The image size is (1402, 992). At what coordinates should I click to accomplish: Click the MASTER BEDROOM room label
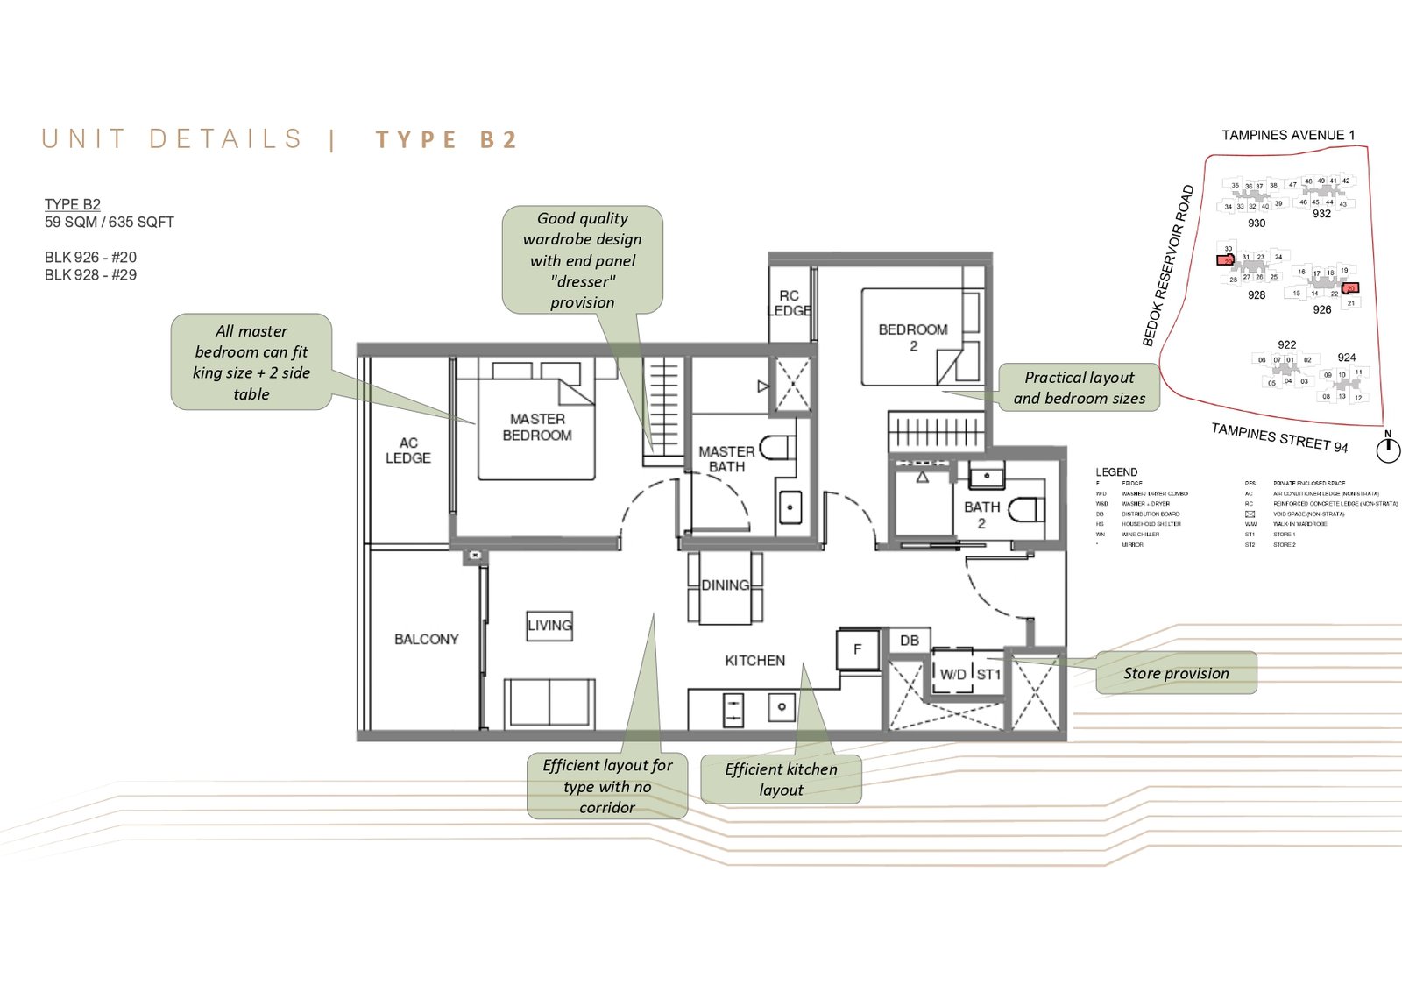[x=537, y=427]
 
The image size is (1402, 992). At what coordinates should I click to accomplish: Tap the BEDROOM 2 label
[x=912, y=337]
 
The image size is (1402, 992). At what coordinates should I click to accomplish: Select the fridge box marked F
[x=858, y=649]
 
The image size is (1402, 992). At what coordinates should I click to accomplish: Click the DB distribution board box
[x=910, y=641]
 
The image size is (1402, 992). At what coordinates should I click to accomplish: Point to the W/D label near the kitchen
[x=952, y=674]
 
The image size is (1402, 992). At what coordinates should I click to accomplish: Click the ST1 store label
[x=988, y=674]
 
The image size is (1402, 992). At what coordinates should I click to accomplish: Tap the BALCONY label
[x=426, y=639]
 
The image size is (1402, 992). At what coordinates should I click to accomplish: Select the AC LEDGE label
[x=408, y=450]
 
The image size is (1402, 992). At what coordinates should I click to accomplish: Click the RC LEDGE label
[x=790, y=303]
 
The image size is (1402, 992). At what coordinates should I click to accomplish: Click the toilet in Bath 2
[x=1026, y=510]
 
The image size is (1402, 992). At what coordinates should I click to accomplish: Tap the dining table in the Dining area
[x=725, y=586]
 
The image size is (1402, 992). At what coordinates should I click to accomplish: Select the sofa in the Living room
[x=549, y=702]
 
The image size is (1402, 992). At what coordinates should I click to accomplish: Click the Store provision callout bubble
[x=1176, y=673]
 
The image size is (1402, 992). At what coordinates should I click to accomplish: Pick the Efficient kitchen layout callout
[x=781, y=779]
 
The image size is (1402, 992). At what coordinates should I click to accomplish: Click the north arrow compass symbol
[x=1387, y=450]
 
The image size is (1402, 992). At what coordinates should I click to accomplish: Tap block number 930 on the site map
[x=1257, y=223]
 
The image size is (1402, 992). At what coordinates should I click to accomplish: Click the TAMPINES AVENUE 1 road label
[x=1288, y=135]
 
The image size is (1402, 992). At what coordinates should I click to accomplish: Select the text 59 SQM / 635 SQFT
[x=110, y=223]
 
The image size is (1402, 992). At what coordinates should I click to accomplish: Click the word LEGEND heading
[x=1116, y=472]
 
